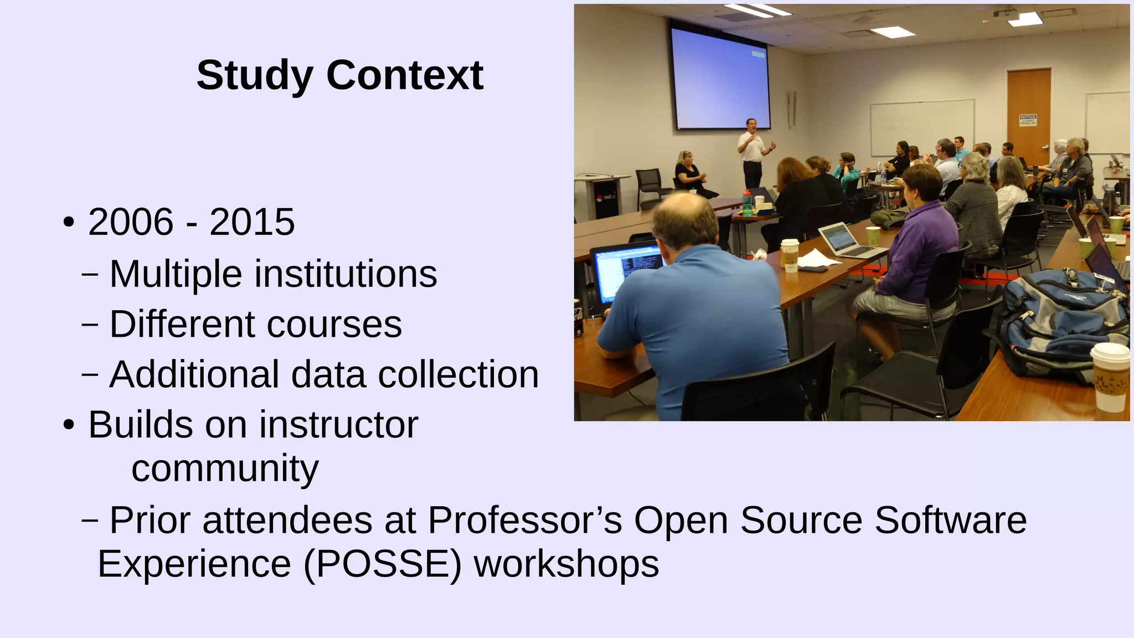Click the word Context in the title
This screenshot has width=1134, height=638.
[405, 75]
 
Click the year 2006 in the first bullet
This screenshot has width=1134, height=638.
[131, 222]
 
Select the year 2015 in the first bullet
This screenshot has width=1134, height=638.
[252, 222]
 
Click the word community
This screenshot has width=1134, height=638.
[225, 469]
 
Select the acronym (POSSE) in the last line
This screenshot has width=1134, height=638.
[382, 564]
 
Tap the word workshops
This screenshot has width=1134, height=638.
[566, 564]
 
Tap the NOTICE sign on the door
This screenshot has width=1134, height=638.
[1028, 120]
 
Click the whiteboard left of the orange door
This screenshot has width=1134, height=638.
[922, 127]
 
